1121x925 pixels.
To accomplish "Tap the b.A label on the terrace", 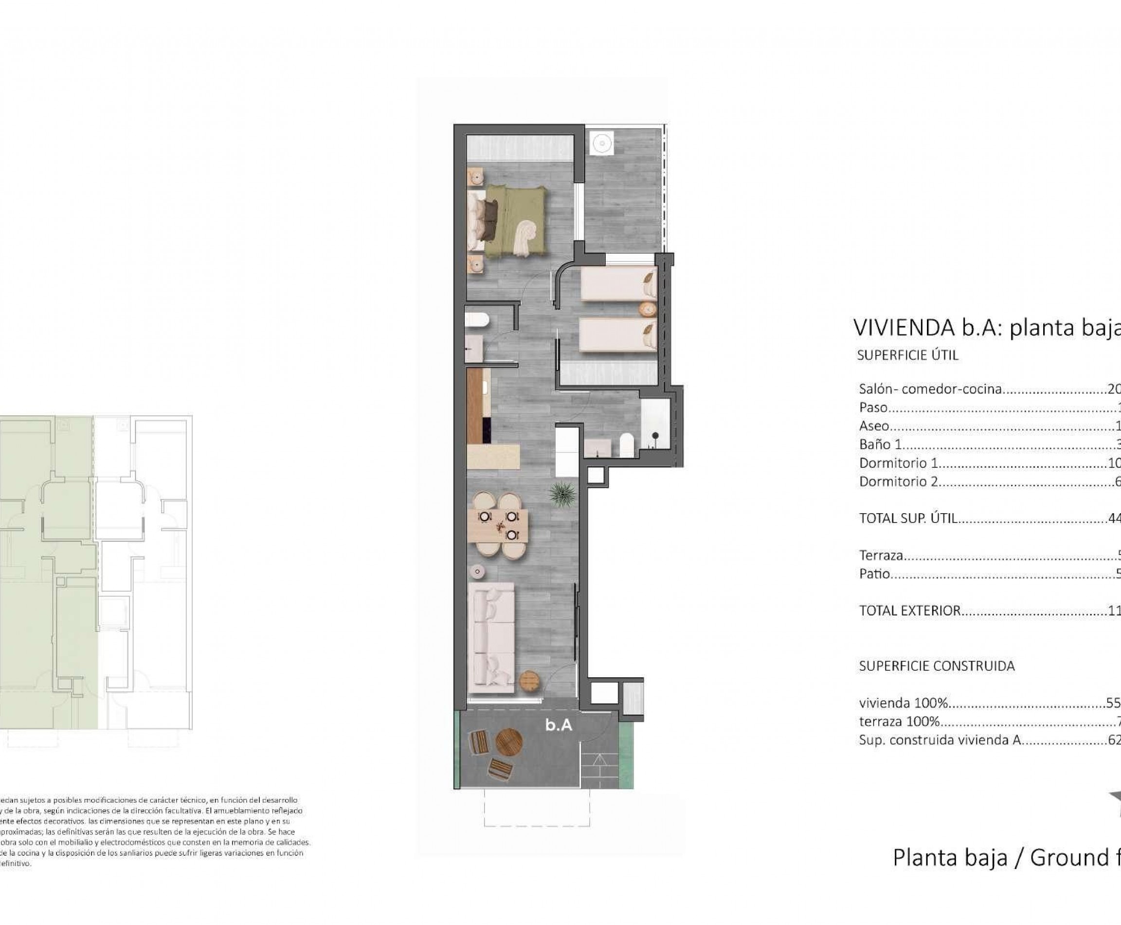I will pos(558,724).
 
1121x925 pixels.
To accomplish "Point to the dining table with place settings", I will pos(498,525).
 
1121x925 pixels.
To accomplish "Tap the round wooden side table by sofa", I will pos(529,681).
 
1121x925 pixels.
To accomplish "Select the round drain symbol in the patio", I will pos(602,143).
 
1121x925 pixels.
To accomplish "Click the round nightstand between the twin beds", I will pos(648,309).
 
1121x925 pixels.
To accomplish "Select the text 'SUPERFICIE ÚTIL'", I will pos(907,355).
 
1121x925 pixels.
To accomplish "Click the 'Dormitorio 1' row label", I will pos(898,463).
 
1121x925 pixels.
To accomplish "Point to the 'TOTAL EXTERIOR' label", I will pos(909,610).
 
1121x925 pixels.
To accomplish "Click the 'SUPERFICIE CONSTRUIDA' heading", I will pos(937,666).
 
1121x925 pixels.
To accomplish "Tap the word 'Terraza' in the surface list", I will pos(881,555).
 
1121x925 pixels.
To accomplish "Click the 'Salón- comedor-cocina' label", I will pos(930,389).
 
